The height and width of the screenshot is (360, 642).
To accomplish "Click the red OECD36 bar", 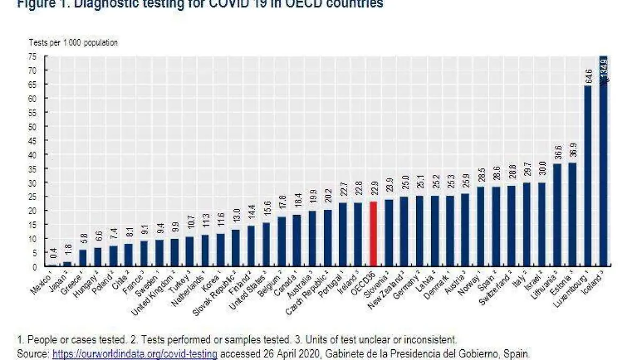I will pyautogui.click(x=373, y=233).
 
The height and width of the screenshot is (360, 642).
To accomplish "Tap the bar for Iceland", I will pyautogui.click(x=603, y=160).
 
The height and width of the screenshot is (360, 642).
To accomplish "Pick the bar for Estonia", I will pyautogui.click(x=572, y=214).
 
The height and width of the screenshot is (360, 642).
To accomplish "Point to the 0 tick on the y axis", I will pyautogui.click(x=35, y=266).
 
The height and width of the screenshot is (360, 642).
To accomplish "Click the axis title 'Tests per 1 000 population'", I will pyautogui.click(x=73, y=42).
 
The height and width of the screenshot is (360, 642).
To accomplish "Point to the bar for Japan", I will pyautogui.click(x=67, y=264).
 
